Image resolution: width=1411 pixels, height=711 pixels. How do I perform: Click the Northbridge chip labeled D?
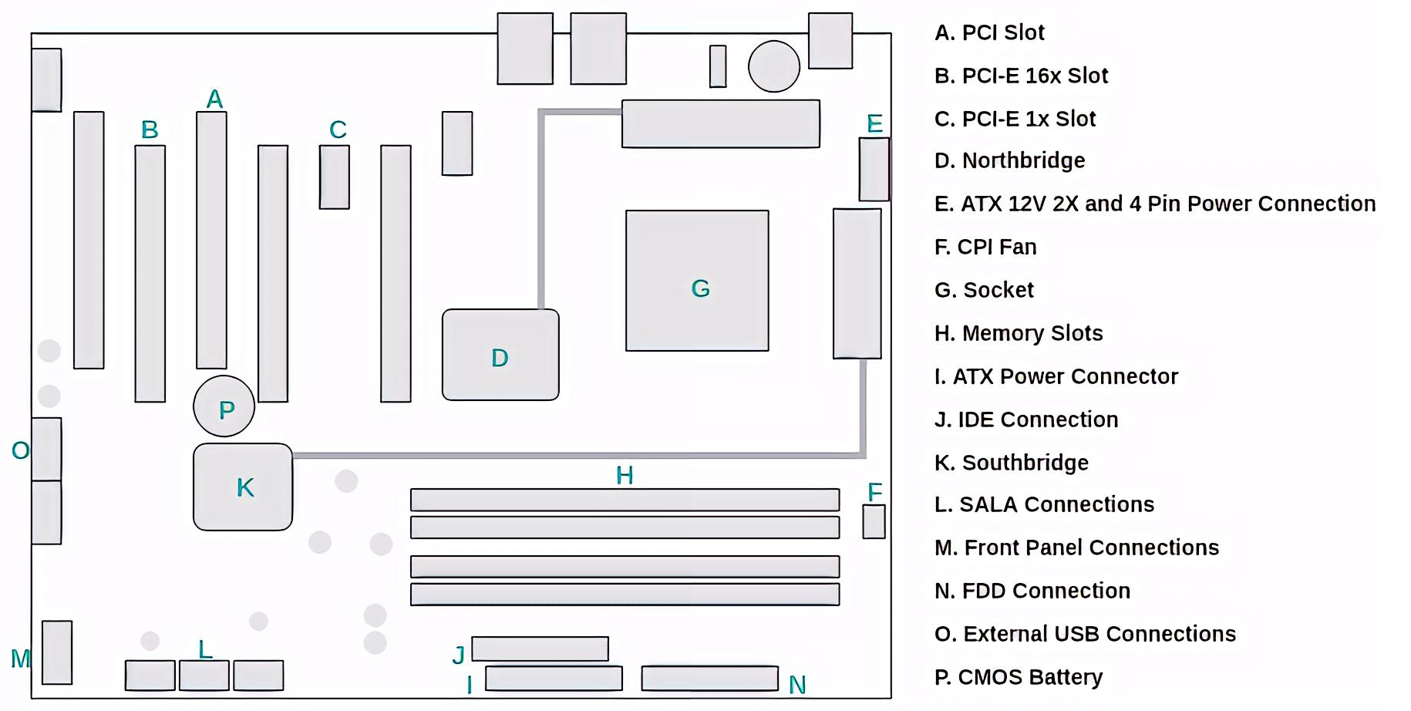tap(500, 355)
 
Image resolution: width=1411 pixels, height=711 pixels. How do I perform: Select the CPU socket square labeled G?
tap(697, 281)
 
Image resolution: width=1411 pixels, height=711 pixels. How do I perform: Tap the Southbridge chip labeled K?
tap(243, 487)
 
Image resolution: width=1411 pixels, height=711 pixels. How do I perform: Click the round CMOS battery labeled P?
tap(224, 406)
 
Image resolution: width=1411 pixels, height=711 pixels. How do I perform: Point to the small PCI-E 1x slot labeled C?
tap(335, 177)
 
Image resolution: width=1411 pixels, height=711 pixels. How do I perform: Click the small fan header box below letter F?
tap(874, 521)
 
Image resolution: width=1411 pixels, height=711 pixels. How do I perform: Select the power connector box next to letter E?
tap(874, 170)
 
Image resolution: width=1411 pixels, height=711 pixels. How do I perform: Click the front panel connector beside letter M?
tap(57, 652)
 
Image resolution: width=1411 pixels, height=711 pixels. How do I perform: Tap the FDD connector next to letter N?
tap(709, 679)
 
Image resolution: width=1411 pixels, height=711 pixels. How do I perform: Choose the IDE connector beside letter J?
tap(540, 649)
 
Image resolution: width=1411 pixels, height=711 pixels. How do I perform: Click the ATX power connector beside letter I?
tap(554, 679)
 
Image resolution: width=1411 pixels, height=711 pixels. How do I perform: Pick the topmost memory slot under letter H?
tap(625, 500)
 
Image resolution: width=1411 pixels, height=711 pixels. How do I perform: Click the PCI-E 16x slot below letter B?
tap(150, 274)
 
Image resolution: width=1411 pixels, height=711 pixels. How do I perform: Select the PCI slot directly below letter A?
tap(211, 240)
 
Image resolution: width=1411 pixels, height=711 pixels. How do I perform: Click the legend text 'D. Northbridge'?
tap(1009, 160)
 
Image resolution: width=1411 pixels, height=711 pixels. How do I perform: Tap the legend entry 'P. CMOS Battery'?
tap(1019, 677)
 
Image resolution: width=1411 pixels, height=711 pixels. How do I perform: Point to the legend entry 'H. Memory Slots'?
tap(1019, 333)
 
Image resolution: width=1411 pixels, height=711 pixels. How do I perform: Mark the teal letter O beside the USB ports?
tap(20, 450)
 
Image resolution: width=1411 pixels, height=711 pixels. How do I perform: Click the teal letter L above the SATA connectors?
tap(205, 649)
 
